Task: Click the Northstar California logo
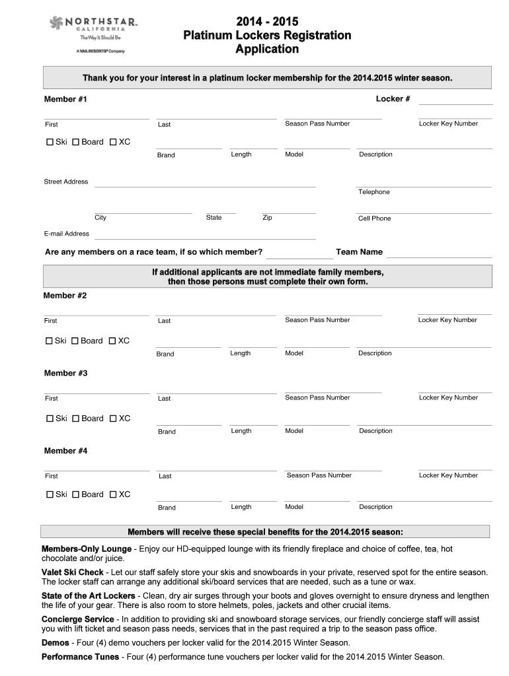click(x=93, y=33)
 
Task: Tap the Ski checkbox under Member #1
click(x=50, y=142)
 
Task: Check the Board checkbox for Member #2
click(x=75, y=341)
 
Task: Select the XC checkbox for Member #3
click(x=113, y=419)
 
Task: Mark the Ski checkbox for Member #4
click(x=50, y=494)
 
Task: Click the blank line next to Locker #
click(x=455, y=101)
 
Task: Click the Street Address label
click(x=65, y=182)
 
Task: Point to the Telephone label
click(x=374, y=192)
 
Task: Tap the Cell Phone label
click(x=374, y=219)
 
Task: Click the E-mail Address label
click(x=66, y=234)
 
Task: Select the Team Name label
click(x=359, y=252)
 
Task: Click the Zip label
click(x=267, y=218)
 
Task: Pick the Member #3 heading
click(x=65, y=374)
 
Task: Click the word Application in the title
click(x=267, y=50)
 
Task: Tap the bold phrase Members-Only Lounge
click(x=87, y=549)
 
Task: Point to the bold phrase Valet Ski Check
click(x=73, y=572)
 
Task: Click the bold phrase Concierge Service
click(x=77, y=619)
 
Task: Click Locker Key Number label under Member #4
click(x=448, y=475)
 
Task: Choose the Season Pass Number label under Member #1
click(x=317, y=123)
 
